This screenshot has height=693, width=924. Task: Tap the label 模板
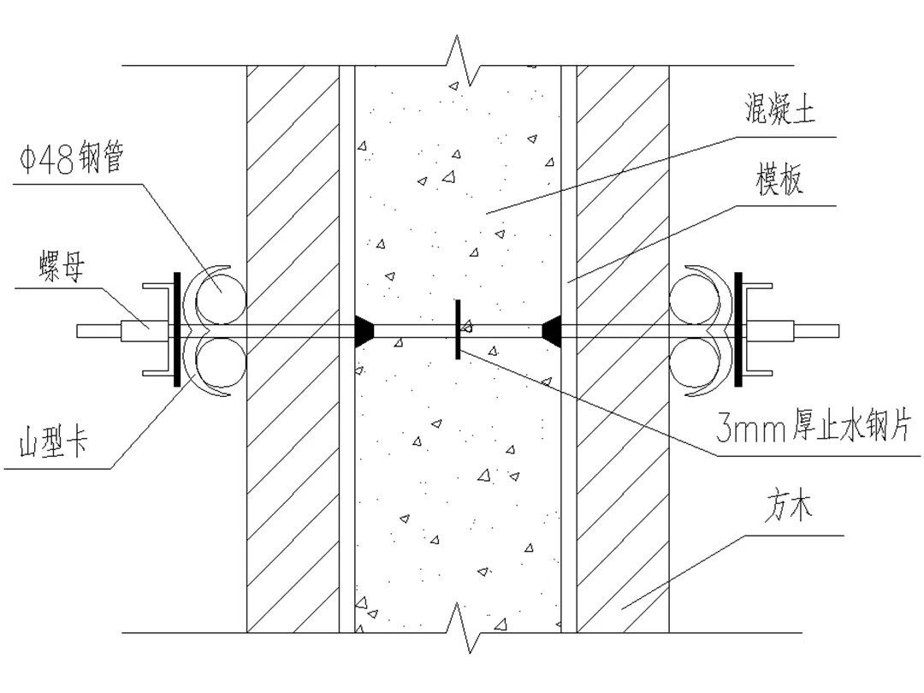point(779,181)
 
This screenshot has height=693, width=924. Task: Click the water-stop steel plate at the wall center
point(458,329)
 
